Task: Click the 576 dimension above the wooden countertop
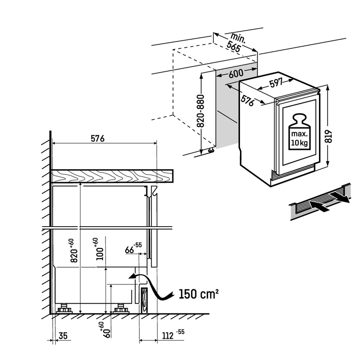(x=97, y=138)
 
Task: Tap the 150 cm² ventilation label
(x=198, y=293)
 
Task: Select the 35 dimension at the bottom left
(x=63, y=335)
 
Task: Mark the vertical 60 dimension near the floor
(x=104, y=331)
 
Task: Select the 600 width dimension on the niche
(x=236, y=73)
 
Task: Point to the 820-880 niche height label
(x=201, y=111)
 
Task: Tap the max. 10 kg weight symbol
(x=299, y=132)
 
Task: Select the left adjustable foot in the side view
(x=64, y=308)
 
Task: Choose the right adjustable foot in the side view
(x=121, y=308)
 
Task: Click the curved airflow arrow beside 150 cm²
(x=154, y=287)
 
